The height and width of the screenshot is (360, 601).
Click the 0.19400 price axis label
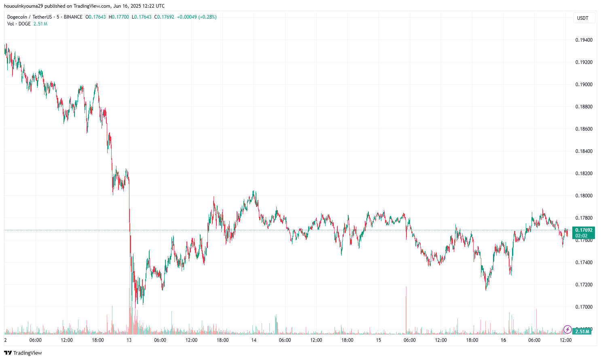tap(584, 40)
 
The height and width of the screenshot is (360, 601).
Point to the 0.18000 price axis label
tap(584, 196)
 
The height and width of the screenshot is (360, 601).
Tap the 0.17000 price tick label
tap(584, 307)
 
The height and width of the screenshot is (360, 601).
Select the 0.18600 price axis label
tap(584, 129)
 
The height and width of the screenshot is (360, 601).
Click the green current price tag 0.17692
tap(584, 230)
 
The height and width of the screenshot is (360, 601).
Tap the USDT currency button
tap(583, 18)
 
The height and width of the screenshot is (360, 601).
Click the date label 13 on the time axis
tap(129, 340)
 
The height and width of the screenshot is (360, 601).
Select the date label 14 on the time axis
tap(254, 340)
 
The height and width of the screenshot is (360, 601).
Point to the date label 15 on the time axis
tap(379, 340)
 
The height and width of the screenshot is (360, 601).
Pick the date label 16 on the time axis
tap(503, 340)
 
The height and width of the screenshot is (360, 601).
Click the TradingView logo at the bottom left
tap(23, 353)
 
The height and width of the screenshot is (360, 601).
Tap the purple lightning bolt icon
tap(567, 329)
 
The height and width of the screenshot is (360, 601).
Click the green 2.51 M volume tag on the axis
tap(582, 331)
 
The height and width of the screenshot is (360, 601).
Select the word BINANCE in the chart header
tap(73, 17)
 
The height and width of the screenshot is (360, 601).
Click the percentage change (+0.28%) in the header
tap(207, 17)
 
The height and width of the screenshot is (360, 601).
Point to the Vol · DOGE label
tap(19, 24)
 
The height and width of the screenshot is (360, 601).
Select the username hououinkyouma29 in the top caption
tap(23, 6)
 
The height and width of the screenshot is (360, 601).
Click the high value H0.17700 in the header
tap(119, 17)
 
